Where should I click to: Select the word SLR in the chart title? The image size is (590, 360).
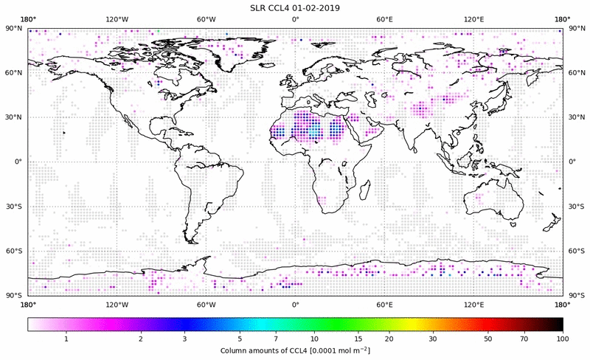click(x=260, y=7)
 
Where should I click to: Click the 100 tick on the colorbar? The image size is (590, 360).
click(x=563, y=338)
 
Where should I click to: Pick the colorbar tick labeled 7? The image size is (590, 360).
click(x=275, y=338)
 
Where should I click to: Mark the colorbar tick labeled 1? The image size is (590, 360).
click(x=66, y=338)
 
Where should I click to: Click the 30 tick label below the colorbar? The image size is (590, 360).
click(x=434, y=338)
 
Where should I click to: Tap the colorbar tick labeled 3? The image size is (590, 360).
click(x=184, y=338)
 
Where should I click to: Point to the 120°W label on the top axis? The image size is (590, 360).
click(x=117, y=20)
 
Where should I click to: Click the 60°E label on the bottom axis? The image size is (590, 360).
click(x=384, y=304)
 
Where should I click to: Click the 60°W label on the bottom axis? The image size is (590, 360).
click(x=206, y=304)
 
